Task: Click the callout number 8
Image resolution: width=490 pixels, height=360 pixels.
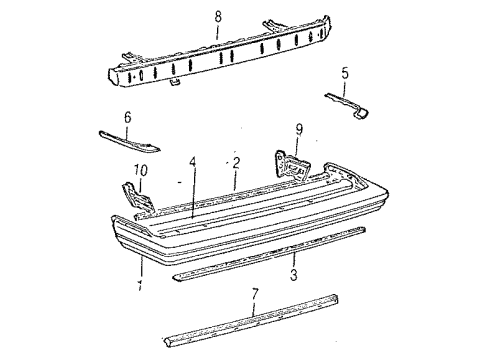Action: [218, 16]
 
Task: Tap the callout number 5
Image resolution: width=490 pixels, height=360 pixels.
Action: [346, 73]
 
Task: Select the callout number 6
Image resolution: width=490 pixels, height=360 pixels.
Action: [127, 117]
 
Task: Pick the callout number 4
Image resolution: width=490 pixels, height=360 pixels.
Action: [193, 162]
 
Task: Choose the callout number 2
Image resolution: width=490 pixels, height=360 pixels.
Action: [235, 162]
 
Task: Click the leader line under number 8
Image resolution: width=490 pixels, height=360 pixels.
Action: [218, 32]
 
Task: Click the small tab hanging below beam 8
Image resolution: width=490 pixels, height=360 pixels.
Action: [174, 82]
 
